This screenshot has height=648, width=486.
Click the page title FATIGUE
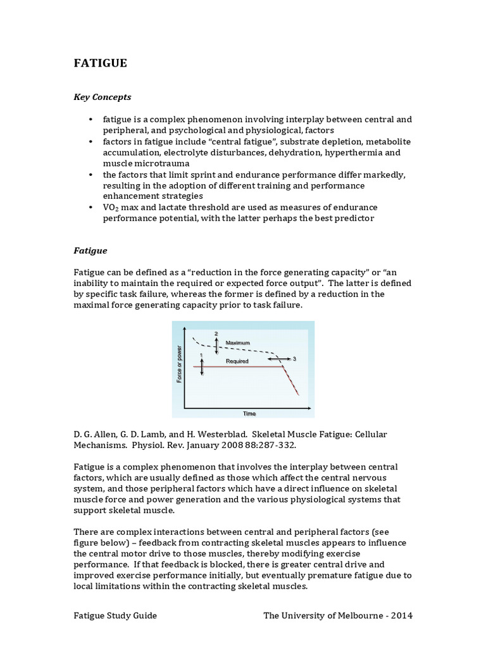pos(100,63)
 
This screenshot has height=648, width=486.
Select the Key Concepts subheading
pos(103,97)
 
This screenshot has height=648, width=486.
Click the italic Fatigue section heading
pos(90,251)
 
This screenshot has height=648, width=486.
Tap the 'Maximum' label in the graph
pos(238,342)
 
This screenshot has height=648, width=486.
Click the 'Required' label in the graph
pos(237,361)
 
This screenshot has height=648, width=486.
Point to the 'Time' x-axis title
pos(250,413)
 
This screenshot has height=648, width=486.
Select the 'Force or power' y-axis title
pos(179,368)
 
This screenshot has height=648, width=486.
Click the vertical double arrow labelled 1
pos(201,366)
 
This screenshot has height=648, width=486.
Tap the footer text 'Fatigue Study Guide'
pos(115,616)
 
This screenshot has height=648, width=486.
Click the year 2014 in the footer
pos(401,616)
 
